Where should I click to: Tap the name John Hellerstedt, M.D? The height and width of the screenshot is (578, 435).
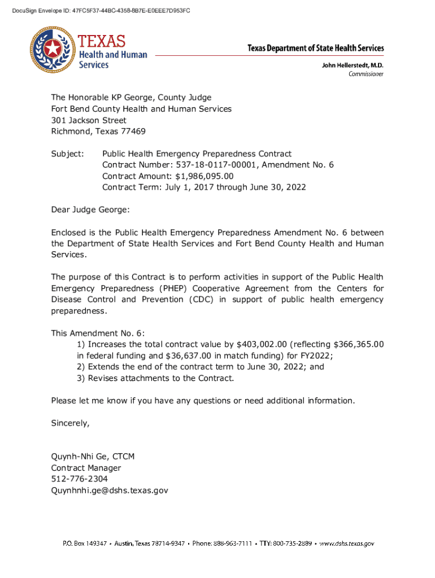coord(353,65)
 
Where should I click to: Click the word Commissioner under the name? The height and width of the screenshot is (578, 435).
coord(366,74)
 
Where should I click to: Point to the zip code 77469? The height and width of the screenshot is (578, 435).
coord(131,132)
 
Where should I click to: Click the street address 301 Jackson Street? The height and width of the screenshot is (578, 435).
coord(89,120)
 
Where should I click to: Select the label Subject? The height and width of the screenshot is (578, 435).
coord(67,154)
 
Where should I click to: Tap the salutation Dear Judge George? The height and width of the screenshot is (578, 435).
coord(90,210)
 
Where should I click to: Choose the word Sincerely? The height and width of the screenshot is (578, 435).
coord(70,423)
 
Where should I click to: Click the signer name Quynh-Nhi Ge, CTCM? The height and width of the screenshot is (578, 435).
coord(93,457)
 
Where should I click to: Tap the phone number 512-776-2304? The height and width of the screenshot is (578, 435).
coord(79,479)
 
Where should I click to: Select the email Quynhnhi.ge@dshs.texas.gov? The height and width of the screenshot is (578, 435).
coord(110,491)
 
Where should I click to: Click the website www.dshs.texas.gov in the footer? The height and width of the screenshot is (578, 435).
coord(346,544)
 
